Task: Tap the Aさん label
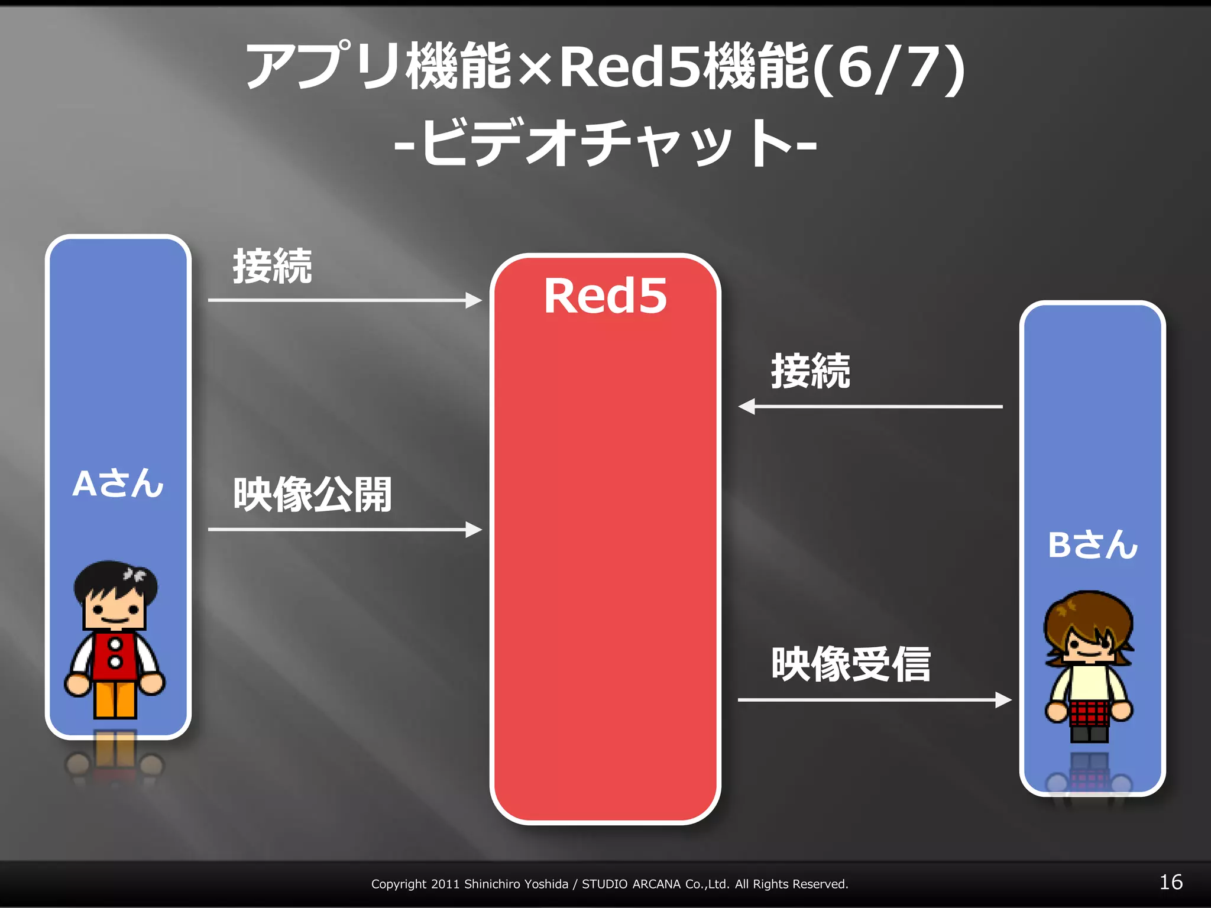pos(118,484)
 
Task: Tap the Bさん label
pos(1092,544)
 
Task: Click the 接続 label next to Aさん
pos(272,267)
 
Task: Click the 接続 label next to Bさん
pos(810,371)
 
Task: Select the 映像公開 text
pos(312,494)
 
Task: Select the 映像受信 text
pos(851,664)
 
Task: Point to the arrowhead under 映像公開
pos(474,530)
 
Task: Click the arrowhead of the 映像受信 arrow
pos(1003,700)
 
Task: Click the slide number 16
pos(1170,883)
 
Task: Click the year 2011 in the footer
pos(445,884)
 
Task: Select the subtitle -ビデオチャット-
pos(605,143)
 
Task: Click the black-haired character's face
pos(115,612)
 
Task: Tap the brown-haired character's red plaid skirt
pos(1089,712)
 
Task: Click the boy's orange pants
pos(115,699)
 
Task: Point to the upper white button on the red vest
pos(115,644)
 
